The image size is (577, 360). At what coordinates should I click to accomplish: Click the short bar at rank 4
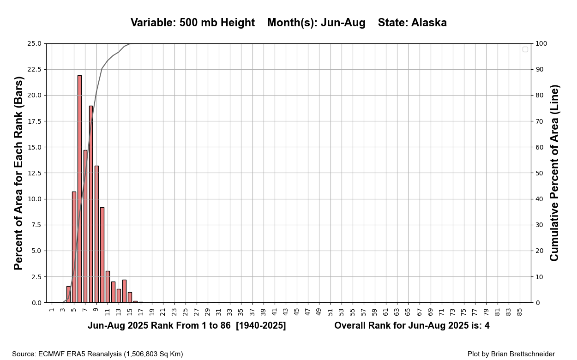click(68, 294)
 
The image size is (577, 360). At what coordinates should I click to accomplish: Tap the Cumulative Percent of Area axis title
click(554, 173)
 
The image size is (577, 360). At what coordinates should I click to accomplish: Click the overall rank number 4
click(487, 326)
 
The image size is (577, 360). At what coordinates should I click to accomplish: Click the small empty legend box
click(525, 49)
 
